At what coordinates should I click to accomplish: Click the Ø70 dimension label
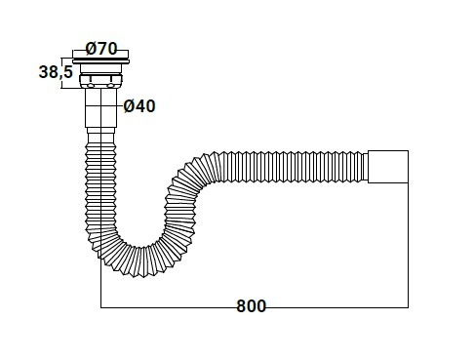point(101,49)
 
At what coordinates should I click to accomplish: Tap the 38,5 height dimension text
point(56,71)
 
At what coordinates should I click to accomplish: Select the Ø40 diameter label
point(139,106)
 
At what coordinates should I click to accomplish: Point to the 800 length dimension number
point(251,306)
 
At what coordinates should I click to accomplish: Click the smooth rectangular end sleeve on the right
point(388,167)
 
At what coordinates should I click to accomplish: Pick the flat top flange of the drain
point(100,61)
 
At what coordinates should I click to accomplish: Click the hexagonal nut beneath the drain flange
point(100,81)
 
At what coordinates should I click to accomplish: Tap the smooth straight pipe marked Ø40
point(100,108)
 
